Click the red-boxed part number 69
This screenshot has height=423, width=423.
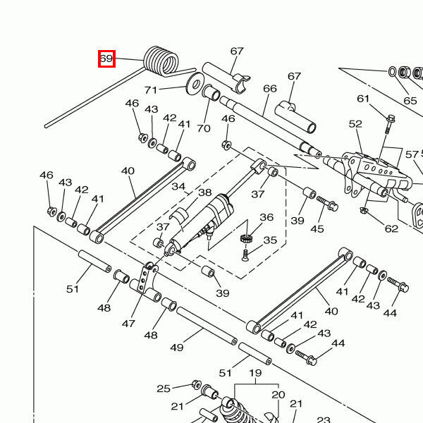106,59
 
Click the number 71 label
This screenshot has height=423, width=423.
151,90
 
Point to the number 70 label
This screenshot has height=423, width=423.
204,128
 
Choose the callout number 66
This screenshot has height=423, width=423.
269,89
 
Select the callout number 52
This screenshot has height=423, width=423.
355,124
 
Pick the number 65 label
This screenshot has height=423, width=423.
410,101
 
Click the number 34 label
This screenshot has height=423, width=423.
178,187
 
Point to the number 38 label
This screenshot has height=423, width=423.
204,192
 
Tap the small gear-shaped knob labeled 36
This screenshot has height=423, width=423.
246,236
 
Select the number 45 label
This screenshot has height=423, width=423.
317,228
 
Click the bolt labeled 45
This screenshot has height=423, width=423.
329,204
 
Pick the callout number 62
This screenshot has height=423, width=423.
391,228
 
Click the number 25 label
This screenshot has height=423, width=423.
164,388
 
